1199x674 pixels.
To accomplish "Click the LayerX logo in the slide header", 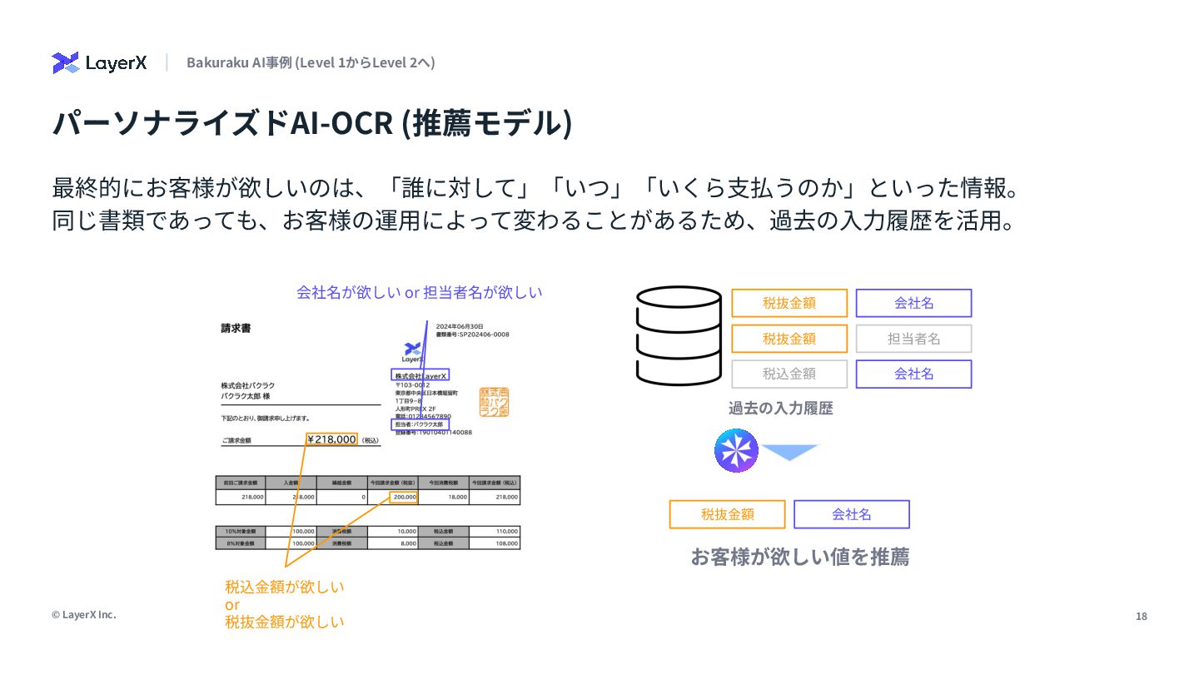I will point(99,62).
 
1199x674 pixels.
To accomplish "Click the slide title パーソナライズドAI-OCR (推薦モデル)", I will point(312,123).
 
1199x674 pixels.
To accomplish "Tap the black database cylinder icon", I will point(679,336).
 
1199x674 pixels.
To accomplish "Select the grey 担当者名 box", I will point(913,339).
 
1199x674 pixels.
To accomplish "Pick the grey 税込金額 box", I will point(789,374).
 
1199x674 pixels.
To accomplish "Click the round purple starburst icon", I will point(736,451).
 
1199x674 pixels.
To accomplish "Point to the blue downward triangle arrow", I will point(790,452).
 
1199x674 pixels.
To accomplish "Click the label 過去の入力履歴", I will point(780,408).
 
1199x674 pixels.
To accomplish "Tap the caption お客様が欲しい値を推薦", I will point(799,557).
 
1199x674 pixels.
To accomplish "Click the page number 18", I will point(1141,616).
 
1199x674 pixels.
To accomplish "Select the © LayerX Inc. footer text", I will point(84,614).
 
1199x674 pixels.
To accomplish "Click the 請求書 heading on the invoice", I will point(236,329).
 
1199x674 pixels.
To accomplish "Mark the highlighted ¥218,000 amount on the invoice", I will point(331,439).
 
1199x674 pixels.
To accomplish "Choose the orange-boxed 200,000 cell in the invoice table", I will point(404,498).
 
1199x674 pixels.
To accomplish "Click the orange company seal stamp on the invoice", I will point(494,402).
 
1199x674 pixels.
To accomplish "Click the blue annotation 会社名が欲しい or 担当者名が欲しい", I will point(419,292).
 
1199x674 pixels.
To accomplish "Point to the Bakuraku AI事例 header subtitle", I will point(311,62).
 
